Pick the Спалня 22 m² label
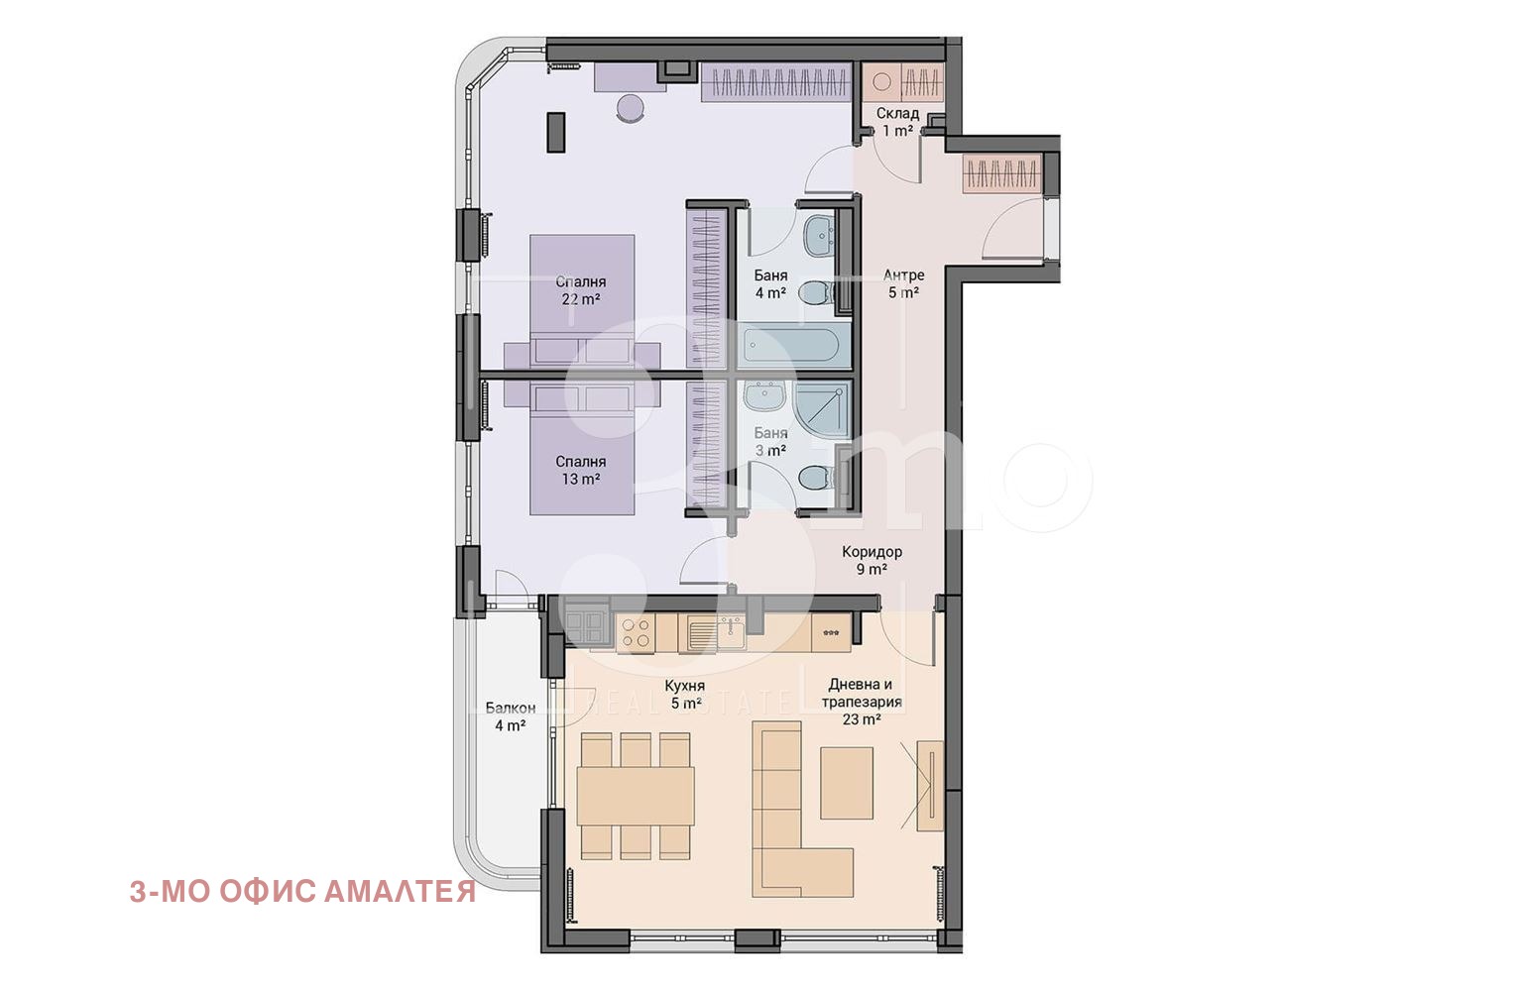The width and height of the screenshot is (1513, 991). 580,290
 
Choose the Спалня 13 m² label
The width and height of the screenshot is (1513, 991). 580,471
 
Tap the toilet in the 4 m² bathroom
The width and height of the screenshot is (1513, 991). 815,293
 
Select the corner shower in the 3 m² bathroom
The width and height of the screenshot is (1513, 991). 822,408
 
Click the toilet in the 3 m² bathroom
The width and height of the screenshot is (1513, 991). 815,479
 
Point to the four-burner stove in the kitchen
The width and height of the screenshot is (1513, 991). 636,633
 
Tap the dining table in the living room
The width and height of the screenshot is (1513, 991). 636,796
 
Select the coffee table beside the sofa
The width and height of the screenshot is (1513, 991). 847,783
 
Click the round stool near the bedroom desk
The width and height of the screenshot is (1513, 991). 631,109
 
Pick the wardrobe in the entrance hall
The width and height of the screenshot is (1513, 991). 1002,174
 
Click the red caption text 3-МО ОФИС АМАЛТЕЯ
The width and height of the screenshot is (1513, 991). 302,892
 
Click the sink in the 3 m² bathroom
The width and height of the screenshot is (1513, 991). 763,395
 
